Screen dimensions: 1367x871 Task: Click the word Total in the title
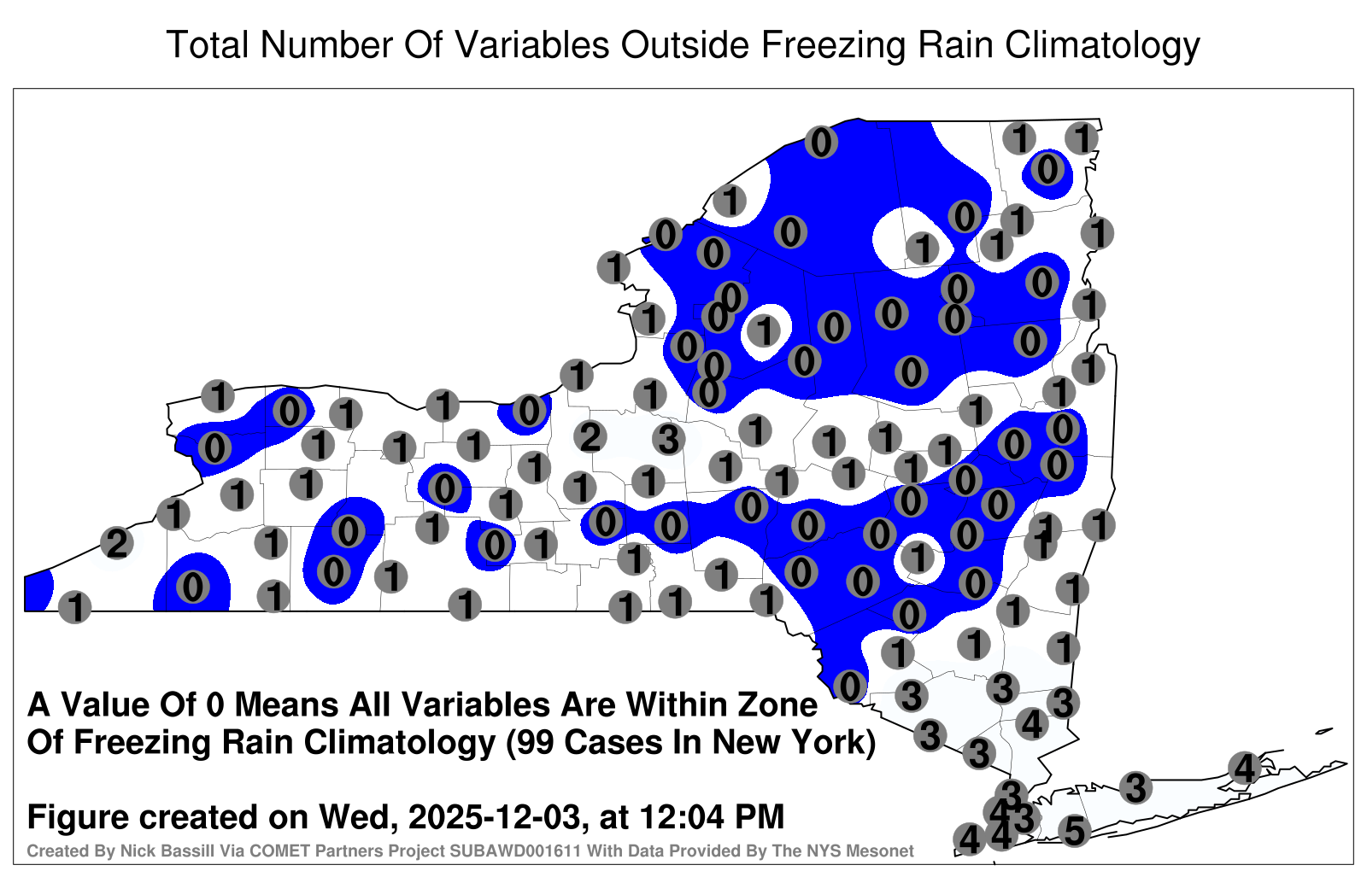click(208, 44)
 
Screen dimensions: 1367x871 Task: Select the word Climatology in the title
click(1102, 46)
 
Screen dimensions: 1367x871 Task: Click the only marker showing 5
click(1074, 831)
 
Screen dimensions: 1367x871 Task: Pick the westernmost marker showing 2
click(117, 543)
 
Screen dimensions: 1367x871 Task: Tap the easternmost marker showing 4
click(1244, 768)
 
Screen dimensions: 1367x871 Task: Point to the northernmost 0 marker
click(821, 142)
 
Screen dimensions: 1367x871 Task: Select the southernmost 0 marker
click(849, 687)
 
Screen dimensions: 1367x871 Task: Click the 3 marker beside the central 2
click(668, 439)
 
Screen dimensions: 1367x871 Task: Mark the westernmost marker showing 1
click(74, 607)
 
